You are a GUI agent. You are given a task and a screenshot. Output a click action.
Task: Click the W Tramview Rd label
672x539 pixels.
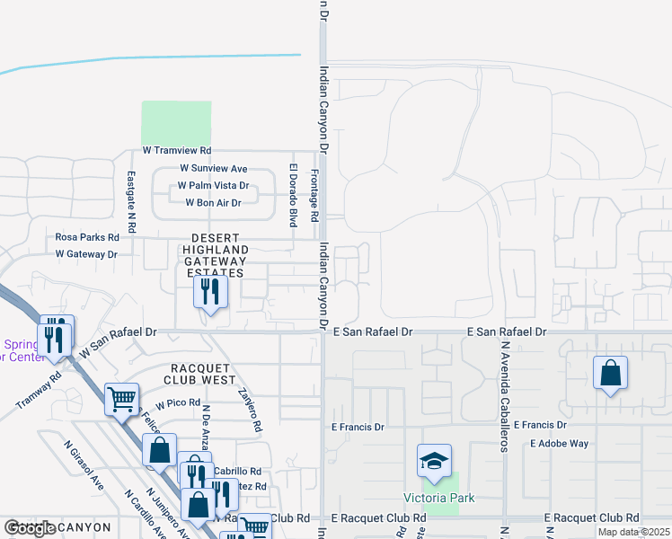tap(176, 151)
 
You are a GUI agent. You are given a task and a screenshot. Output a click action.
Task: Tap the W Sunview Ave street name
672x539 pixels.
tap(213, 168)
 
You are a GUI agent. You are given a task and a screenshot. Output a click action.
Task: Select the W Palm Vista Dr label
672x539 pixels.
tap(212, 186)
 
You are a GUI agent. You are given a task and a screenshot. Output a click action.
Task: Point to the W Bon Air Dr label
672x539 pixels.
tap(213, 203)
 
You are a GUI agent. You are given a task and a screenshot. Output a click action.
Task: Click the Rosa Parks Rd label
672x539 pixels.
tap(87, 237)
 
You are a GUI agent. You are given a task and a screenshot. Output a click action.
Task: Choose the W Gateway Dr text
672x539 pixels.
tap(86, 254)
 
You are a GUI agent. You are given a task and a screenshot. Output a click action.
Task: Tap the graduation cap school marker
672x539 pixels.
tap(434, 462)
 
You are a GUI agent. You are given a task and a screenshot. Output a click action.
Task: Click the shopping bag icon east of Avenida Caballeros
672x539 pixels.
tap(610, 373)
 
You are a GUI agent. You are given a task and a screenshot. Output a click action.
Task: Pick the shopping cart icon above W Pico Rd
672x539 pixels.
tap(121, 398)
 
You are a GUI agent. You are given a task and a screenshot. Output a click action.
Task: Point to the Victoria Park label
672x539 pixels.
tap(438, 498)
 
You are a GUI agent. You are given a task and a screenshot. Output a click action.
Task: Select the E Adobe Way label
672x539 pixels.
tap(559, 444)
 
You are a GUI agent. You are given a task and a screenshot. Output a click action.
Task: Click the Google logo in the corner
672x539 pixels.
tap(29, 528)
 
